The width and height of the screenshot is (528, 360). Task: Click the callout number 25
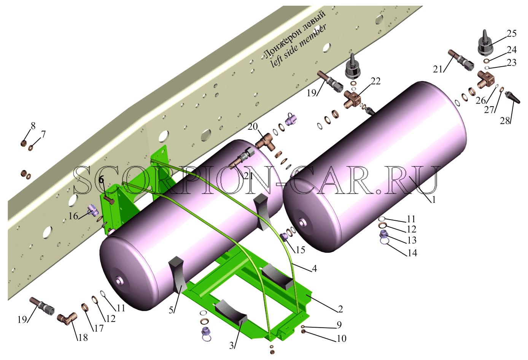512,34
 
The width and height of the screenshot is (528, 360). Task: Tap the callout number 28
505,121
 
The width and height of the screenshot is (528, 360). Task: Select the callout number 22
375,81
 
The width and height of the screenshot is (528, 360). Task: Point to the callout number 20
253,127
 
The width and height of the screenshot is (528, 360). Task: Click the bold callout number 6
101,180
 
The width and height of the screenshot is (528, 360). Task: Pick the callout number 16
73,216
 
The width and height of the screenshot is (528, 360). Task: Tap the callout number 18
83,338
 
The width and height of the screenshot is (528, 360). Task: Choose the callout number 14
412,253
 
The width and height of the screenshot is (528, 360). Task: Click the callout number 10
341,339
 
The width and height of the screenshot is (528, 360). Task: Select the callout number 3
231,346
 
